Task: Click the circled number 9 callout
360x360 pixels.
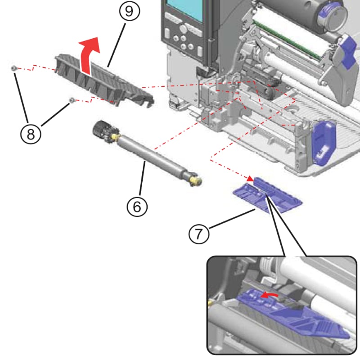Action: tap(129, 12)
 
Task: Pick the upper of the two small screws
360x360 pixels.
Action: tap(14, 68)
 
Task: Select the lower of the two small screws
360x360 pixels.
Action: tap(71, 100)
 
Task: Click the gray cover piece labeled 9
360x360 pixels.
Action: tap(103, 81)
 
